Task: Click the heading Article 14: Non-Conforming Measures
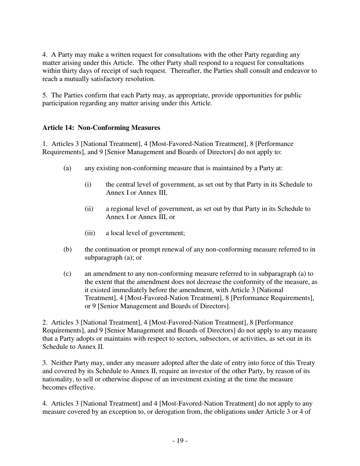101,128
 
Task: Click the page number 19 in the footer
180,441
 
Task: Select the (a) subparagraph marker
67,168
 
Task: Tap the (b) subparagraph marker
67,249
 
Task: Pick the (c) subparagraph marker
67,274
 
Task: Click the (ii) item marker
89,209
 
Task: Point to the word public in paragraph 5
292,95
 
